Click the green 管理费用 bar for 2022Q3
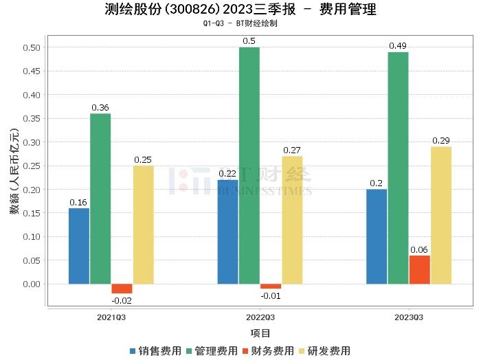pos(249,165)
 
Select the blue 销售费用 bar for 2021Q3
pos(79,245)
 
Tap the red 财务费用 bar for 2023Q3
pos(419,269)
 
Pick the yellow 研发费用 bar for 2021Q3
pos(144,224)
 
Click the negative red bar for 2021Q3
pos(122,289)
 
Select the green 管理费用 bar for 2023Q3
pos(398,168)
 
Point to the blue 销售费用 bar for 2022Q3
pos(227,232)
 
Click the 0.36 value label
pos(100,108)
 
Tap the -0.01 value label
pos(270,295)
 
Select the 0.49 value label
pos(398,46)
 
